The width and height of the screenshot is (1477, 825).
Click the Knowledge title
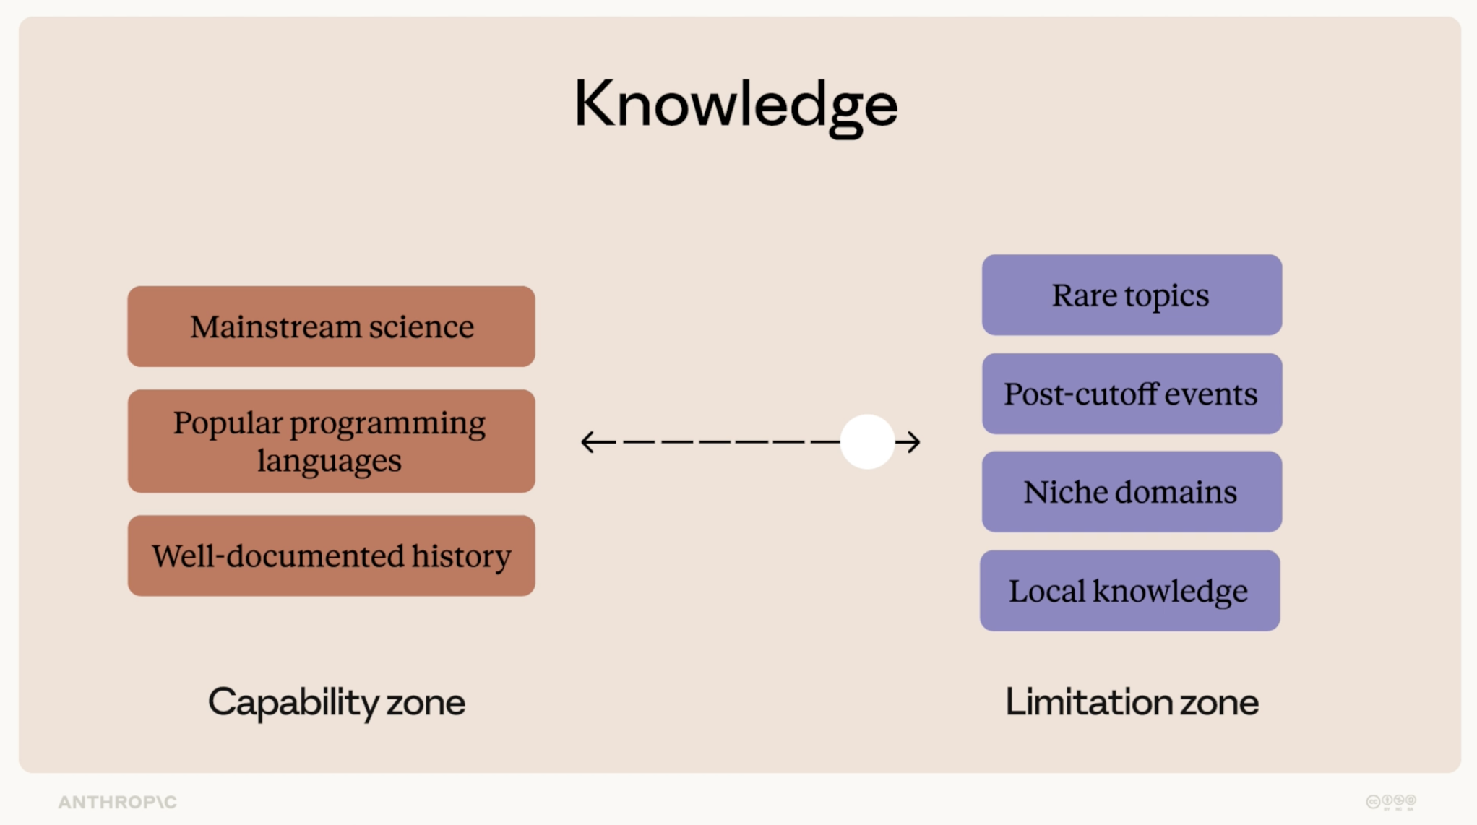(736, 106)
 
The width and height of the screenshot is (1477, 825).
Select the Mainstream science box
(332, 327)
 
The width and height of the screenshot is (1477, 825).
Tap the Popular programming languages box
(332, 441)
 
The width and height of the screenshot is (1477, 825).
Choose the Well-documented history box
(332, 556)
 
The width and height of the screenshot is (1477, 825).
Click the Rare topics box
(1132, 295)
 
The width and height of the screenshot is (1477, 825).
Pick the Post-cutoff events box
(1132, 394)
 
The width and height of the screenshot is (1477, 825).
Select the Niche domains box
(1132, 492)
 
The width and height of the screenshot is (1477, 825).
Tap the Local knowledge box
(1130, 591)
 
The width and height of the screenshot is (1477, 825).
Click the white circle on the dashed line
(867, 441)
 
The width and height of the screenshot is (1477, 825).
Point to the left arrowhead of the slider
(590, 441)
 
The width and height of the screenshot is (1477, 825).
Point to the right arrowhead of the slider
(912, 441)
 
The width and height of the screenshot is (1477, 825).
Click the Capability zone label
(337, 702)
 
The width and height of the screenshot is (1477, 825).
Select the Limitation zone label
(1132, 702)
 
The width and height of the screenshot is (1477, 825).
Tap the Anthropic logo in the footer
(118, 802)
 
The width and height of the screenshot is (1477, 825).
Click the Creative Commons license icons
(1391, 802)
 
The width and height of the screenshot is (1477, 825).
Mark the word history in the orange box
(462, 556)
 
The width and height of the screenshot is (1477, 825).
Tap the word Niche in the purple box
(1064, 492)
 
